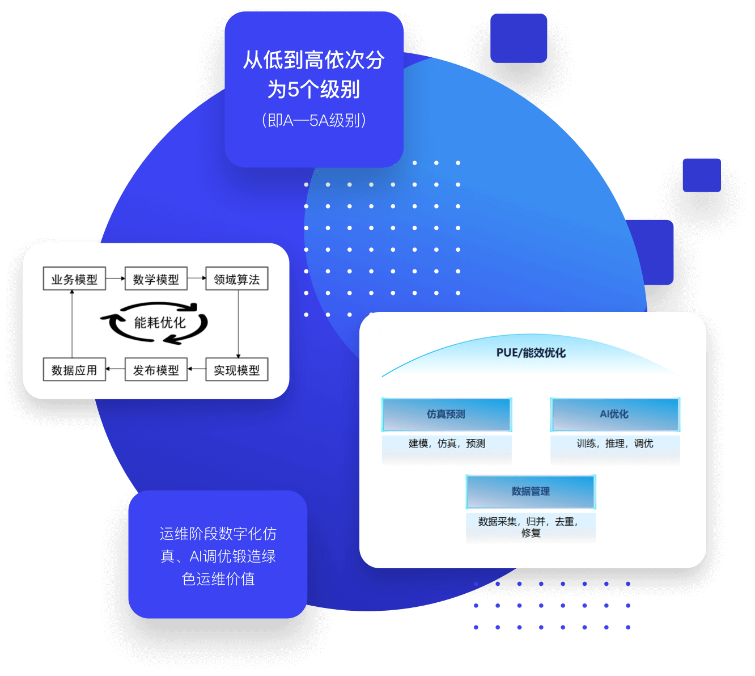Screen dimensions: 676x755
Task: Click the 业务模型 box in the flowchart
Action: point(74,279)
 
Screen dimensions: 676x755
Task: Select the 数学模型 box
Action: point(156,279)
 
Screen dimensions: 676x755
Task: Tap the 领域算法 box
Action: point(237,279)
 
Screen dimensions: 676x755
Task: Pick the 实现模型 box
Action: point(237,370)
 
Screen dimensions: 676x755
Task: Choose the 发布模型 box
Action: point(156,370)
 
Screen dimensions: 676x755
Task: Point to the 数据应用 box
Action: point(74,370)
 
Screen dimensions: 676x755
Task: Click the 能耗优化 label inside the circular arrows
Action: point(159,323)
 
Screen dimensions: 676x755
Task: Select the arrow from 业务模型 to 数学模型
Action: point(115,278)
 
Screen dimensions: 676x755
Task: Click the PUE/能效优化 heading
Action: point(531,353)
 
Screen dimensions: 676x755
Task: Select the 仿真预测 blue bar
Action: point(447,415)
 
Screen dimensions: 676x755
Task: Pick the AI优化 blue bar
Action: point(614,415)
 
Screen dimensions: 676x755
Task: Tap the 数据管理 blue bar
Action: point(531,492)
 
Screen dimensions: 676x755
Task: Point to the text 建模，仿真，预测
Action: point(447,443)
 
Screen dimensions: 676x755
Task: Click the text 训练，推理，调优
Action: point(614,443)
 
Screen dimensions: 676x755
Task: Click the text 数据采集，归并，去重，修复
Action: point(529,527)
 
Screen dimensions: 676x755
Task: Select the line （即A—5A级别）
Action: point(313,120)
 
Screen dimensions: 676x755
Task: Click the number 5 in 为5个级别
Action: point(293,90)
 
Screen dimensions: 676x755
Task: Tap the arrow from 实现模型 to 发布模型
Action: point(196,369)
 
